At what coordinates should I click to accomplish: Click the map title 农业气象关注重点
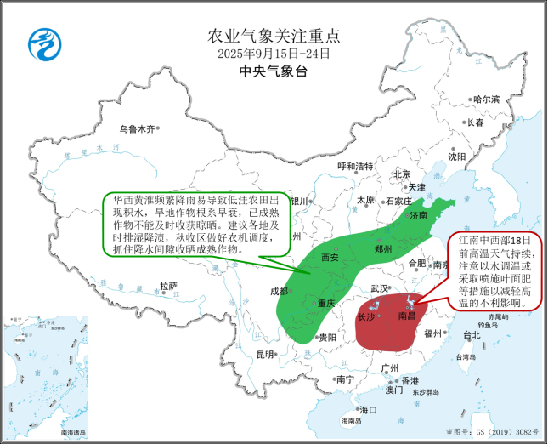pos(274,36)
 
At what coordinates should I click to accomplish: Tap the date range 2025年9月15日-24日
pos(274,54)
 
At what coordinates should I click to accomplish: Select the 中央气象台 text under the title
pos(274,71)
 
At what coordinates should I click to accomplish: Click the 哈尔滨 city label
pos(486,100)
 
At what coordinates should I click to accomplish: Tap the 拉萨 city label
pos(168,286)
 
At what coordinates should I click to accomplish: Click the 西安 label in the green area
pos(330,258)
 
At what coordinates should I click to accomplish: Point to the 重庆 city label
pos(327,304)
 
